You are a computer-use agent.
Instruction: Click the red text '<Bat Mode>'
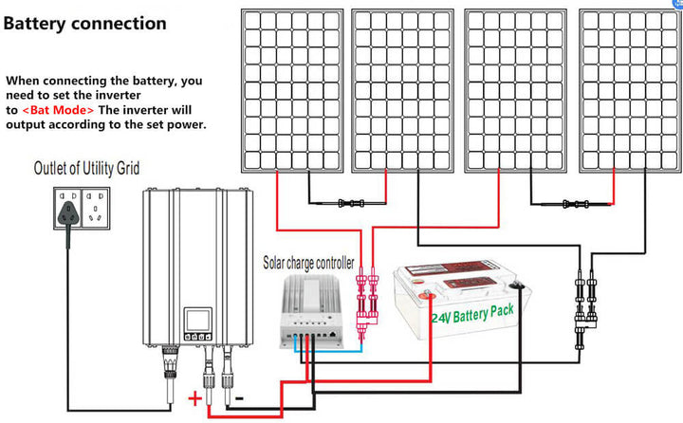point(58,110)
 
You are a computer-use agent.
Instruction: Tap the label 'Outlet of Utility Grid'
point(86,169)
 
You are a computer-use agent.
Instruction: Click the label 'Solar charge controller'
point(308,261)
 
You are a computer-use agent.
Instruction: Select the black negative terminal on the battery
point(518,284)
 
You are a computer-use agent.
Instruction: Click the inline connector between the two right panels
point(571,202)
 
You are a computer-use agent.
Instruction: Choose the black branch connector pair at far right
point(582,303)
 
